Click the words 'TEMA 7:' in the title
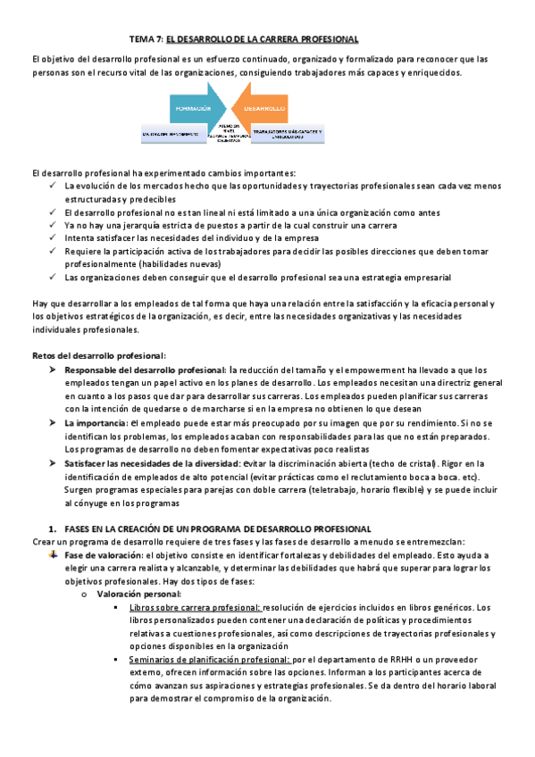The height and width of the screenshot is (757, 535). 146,39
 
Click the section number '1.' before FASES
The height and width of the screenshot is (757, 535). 54,529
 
